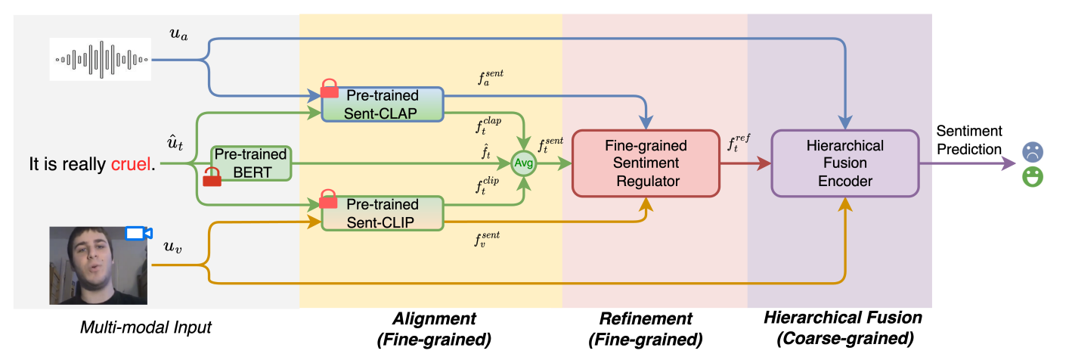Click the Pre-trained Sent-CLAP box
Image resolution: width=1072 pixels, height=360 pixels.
click(x=382, y=104)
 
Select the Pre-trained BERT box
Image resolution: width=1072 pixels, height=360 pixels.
click(x=250, y=163)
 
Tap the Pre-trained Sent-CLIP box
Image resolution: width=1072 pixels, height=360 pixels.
click(x=382, y=213)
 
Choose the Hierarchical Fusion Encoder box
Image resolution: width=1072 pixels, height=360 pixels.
click(x=844, y=163)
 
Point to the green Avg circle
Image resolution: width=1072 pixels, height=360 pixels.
click(x=523, y=163)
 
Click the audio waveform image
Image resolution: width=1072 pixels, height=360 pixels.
click(x=101, y=58)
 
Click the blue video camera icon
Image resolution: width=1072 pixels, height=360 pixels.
click(x=138, y=233)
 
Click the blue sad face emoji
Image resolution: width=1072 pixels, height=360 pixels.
click(x=1033, y=151)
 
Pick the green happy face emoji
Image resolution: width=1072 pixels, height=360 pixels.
click(x=1033, y=178)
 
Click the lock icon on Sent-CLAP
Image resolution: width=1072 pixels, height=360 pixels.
click(x=330, y=88)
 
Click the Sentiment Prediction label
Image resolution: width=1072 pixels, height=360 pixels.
click(x=969, y=141)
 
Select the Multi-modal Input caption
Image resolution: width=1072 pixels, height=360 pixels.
click(x=146, y=327)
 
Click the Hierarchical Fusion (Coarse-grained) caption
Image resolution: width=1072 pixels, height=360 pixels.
click(x=843, y=328)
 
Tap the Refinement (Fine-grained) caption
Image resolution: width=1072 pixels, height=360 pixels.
click(x=646, y=328)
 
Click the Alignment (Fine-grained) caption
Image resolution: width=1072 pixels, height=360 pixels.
click(x=434, y=328)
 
